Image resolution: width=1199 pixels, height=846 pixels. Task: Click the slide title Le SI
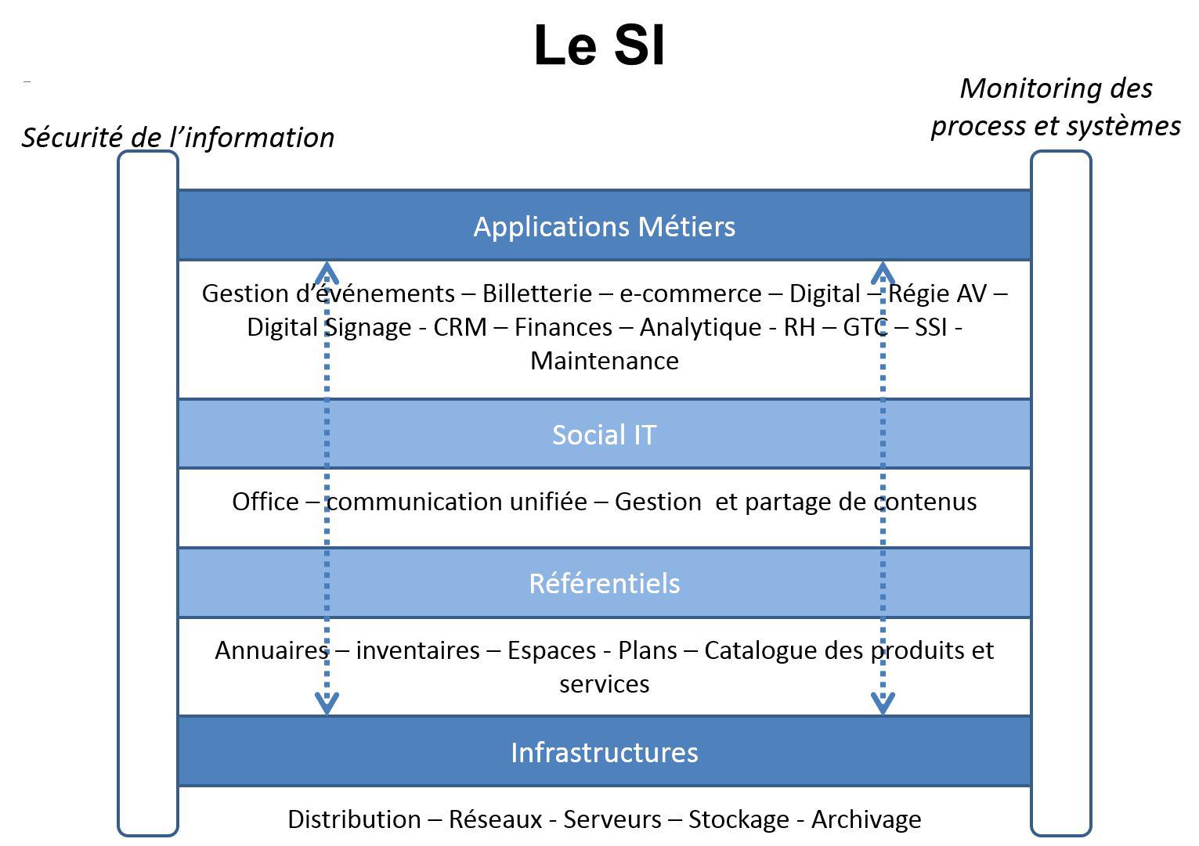600,45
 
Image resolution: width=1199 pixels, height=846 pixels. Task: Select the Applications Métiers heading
605,227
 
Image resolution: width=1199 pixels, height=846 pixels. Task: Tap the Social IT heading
605,435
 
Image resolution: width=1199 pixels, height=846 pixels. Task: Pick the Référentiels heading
605,583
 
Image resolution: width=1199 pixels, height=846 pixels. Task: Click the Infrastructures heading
605,752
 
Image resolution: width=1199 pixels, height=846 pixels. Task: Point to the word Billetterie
537,293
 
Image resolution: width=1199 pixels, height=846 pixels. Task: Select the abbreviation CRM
460,327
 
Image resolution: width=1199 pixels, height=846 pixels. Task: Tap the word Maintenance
605,361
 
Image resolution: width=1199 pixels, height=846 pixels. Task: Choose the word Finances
563,327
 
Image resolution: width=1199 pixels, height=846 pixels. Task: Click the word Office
265,502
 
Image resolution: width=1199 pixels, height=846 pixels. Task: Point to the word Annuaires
272,650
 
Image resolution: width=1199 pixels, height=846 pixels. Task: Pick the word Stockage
739,820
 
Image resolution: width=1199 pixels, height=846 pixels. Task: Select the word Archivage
867,820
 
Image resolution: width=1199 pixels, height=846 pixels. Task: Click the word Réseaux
495,819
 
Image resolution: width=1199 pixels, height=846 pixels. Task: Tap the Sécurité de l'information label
179,138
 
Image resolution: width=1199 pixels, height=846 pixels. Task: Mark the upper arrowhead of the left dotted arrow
327,272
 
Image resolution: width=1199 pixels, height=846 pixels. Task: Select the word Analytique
700,328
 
